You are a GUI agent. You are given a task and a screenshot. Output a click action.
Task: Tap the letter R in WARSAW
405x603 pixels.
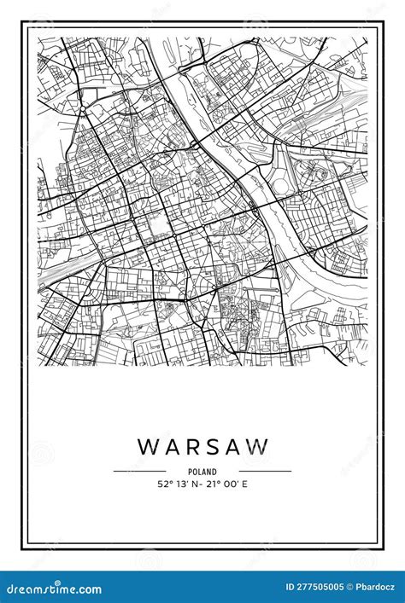click(x=193, y=447)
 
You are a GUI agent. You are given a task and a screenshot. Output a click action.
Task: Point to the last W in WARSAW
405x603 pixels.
click(x=259, y=447)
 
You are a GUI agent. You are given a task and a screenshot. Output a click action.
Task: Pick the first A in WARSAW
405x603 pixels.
click(x=172, y=447)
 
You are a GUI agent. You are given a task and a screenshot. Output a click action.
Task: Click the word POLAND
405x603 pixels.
click(x=202, y=472)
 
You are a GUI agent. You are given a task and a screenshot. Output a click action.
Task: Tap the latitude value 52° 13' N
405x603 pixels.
click(x=178, y=484)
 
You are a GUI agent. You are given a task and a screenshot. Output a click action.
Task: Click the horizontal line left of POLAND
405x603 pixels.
click(x=139, y=471)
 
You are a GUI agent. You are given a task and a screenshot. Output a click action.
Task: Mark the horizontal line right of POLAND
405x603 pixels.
click(x=265, y=471)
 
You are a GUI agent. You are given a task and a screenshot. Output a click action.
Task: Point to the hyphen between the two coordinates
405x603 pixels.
click(x=202, y=484)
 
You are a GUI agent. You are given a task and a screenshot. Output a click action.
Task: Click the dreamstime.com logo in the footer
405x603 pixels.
click(x=53, y=589)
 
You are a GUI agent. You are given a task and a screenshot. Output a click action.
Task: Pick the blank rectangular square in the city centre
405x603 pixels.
click(x=157, y=224)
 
